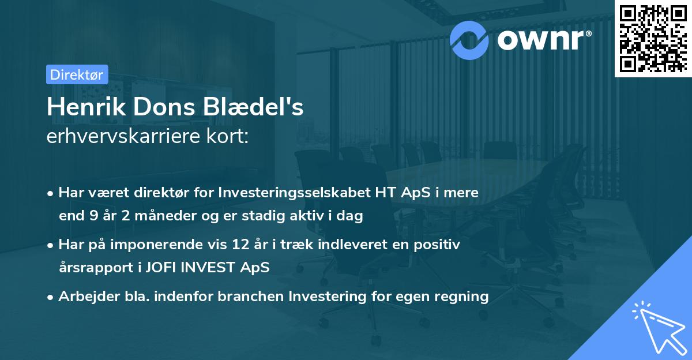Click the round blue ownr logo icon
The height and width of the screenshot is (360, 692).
pos(469,39)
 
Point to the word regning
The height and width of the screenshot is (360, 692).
pos(464,297)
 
